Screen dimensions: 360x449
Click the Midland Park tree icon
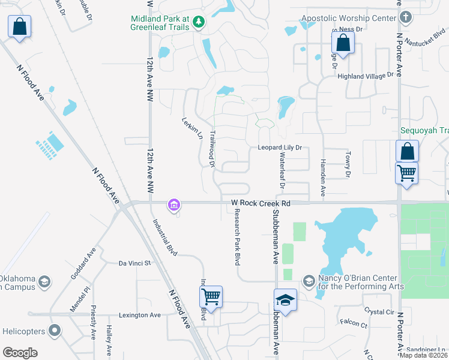click(x=199, y=23)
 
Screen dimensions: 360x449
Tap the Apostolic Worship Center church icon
click(x=406, y=17)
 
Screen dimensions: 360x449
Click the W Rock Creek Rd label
click(x=261, y=204)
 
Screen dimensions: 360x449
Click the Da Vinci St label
click(x=134, y=263)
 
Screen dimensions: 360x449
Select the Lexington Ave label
click(x=140, y=315)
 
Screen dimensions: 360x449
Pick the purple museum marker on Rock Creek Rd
click(x=174, y=205)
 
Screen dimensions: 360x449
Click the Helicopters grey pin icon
click(x=55, y=331)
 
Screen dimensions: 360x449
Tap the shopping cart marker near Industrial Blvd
click(x=211, y=296)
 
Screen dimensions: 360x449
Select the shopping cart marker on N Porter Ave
click(x=406, y=173)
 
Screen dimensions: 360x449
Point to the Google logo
click(x=20, y=353)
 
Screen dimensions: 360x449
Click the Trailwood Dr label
click(x=211, y=149)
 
